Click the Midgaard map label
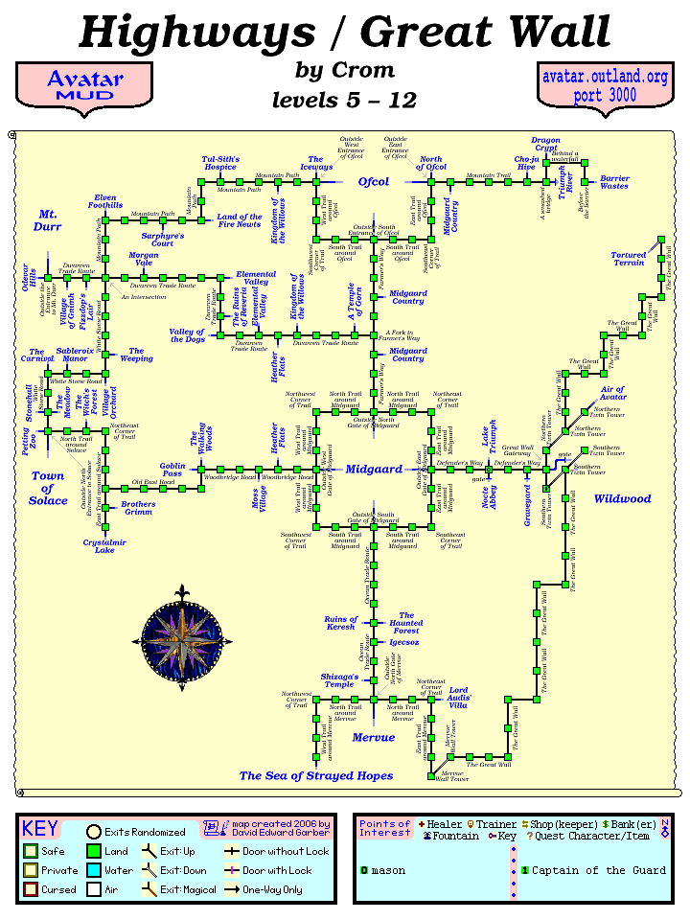[373, 470]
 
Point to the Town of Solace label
[48, 488]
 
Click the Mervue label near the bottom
[373, 738]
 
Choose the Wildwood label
[622, 499]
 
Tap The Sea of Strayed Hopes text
[316, 775]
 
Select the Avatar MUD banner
[84, 87]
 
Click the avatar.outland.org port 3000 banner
[601, 87]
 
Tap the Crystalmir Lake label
[99, 545]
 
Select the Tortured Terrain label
[629, 259]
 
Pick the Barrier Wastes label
[614, 182]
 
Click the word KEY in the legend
[40, 829]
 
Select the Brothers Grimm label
[139, 508]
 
